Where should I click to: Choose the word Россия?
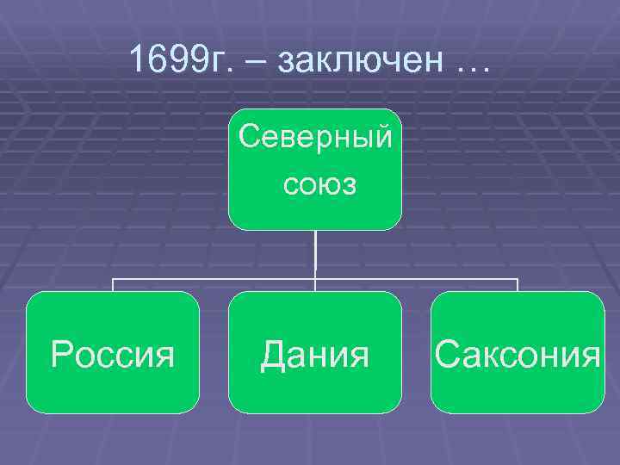pos(113,354)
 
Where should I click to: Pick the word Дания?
pos(315,354)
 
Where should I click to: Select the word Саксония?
pos(518,354)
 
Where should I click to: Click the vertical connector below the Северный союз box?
pos(315,254)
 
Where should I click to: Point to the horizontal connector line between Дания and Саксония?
pos(417,279)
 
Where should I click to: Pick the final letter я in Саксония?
pos(590,356)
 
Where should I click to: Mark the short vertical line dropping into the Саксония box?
pos(518,285)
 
